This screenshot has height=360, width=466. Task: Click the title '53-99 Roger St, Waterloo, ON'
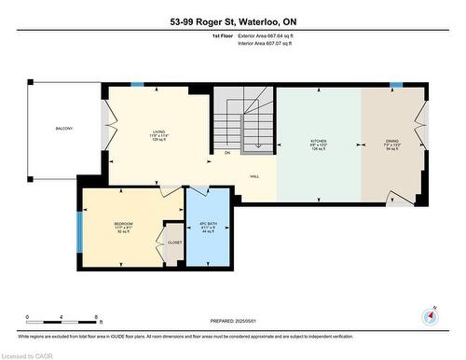[x=232, y=20]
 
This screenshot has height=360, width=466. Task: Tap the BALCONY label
[x=63, y=129]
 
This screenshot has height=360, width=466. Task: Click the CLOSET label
[x=175, y=242]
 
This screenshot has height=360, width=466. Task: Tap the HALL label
[x=254, y=176]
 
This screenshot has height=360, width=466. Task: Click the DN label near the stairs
[x=227, y=153]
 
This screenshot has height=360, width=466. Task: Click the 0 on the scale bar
[x=27, y=318]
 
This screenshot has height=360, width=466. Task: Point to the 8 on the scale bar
[x=99, y=318]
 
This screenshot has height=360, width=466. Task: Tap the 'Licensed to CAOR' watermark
[x=27, y=353]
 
